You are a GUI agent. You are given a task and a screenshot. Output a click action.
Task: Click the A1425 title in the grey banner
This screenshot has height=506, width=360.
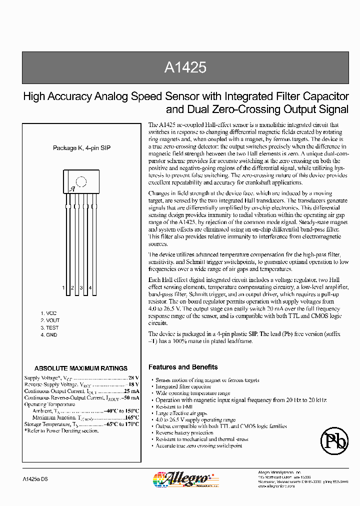(x=185, y=68)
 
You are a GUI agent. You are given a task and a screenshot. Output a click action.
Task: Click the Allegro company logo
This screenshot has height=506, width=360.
(x=177, y=478)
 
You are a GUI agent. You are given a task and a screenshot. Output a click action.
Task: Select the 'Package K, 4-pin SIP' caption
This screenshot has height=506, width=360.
(x=81, y=148)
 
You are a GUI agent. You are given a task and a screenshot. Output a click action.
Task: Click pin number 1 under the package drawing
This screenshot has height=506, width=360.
(x=63, y=287)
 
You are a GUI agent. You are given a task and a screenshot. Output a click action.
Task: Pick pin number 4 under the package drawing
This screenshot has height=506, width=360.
(x=90, y=287)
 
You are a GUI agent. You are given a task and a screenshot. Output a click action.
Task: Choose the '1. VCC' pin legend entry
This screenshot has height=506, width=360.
(x=48, y=313)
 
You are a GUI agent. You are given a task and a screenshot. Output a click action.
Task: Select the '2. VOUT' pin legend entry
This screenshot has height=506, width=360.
(x=50, y=320)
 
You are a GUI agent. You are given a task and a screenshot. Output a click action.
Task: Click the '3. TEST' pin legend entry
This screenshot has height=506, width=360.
(x=49, y=327)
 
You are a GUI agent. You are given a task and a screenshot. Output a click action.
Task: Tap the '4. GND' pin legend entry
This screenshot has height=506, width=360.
(x=49, y=334)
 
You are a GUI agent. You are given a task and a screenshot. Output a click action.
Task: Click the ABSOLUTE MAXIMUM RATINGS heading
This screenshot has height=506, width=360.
(x=80, y=368)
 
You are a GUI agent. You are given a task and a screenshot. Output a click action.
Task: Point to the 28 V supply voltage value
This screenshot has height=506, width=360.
(x=133, y=378)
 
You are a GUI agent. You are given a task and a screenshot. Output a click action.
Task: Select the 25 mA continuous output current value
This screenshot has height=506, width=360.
(x=131, y=391)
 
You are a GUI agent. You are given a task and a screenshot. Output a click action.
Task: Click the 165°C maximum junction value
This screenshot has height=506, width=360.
(x=131, y=417)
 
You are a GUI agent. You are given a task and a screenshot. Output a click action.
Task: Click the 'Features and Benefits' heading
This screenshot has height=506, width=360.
(x=183, y=367)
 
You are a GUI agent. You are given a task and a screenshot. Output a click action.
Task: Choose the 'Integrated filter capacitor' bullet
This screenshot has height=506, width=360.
(x=183, y=386)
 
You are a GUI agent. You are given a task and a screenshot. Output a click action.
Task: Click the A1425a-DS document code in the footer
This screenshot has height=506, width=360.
(x=35, y=479)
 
